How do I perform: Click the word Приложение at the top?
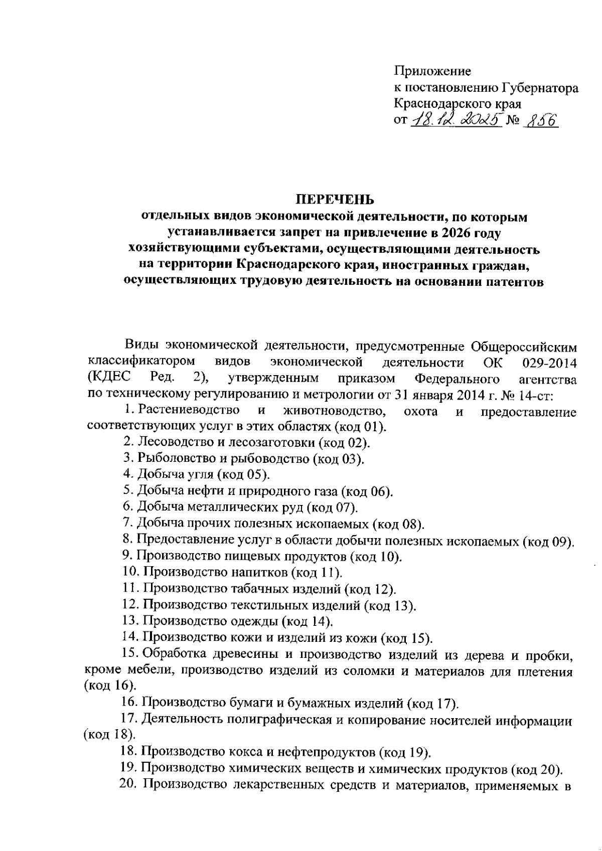point(432,72)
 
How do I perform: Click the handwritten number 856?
point(540,120)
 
